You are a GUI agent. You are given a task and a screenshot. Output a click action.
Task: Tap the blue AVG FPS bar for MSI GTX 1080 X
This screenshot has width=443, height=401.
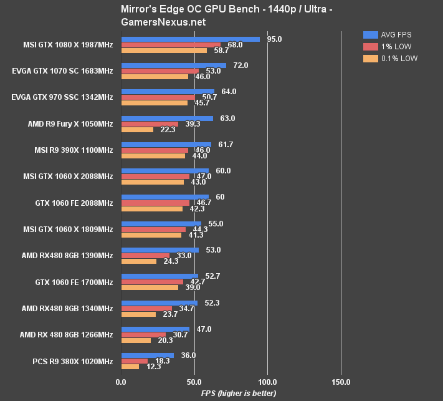tap(190, 39)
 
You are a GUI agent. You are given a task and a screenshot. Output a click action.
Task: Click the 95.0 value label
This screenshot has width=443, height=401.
tap(274, 39)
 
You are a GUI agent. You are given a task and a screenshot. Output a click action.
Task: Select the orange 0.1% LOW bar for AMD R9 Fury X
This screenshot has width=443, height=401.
tap(137, 130)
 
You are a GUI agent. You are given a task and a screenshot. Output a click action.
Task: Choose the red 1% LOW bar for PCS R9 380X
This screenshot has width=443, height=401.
tap(134, 360)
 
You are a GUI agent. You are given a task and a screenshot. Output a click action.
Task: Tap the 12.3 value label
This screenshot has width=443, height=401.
tap(154, 367)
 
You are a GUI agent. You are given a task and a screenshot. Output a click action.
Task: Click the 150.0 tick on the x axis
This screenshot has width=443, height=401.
tap(341, 382)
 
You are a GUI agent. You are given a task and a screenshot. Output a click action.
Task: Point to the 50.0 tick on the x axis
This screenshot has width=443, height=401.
tap(194, 382)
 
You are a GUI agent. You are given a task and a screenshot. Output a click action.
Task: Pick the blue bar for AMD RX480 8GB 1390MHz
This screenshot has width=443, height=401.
tap(160, 250)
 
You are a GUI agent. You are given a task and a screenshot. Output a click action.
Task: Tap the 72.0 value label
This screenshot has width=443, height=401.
tap(241, 65)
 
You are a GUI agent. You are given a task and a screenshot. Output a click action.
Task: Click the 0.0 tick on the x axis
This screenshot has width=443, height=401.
tap(121, 382)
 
